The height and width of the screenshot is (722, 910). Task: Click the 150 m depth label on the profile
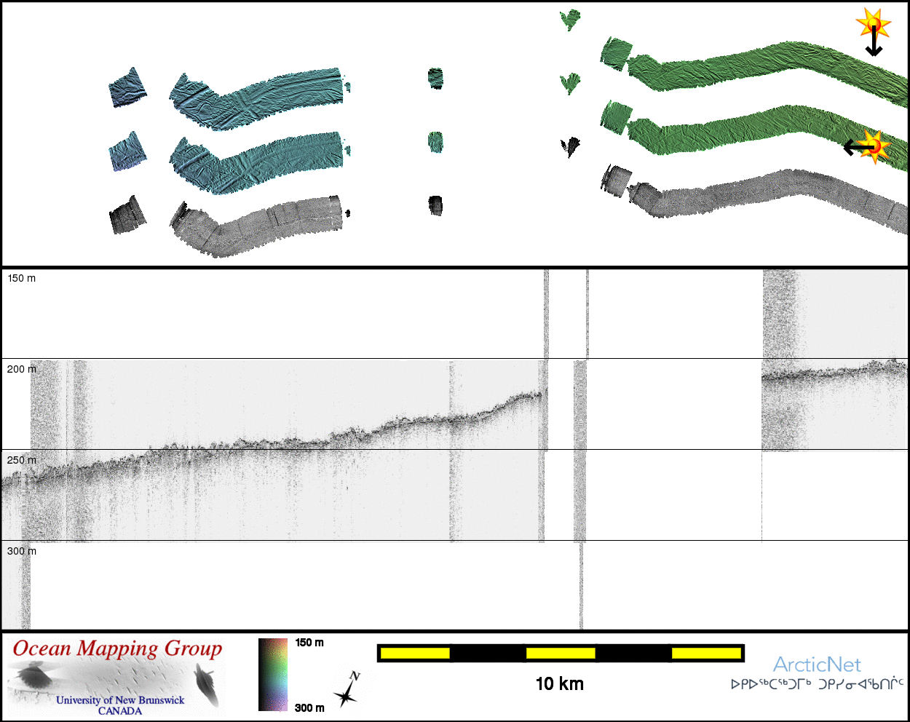tap(22, 278)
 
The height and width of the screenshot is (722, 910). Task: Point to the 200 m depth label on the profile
tap(22, 369)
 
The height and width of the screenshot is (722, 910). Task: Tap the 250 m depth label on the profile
tap(22, 460)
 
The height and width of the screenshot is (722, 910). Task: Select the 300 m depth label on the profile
tap(22, 551)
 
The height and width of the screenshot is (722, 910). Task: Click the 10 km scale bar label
tap(559, 684)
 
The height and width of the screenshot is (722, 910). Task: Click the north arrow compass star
tap(346, 697)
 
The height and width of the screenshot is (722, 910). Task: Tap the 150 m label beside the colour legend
tap(309, 643)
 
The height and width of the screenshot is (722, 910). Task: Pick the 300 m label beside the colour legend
tap(309, 707)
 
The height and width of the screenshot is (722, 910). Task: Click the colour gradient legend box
tap(273, 675)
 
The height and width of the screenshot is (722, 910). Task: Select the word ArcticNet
tap(817, 665)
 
